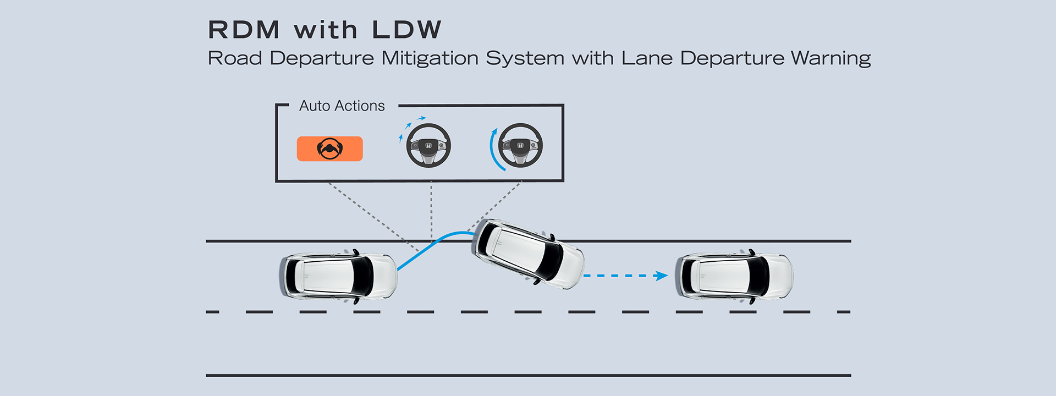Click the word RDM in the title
tap(244, 30)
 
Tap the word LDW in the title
tap(406, 30)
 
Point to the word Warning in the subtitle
tap(831, 58)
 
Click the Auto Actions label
tap(342, 106)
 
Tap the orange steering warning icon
tap(329, 148)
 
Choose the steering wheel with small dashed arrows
tap(428, 146)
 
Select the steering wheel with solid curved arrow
tap(520, 146)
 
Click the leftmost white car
tap(338, 276)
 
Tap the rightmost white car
tap(734, 276)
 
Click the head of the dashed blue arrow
tap(662, 276)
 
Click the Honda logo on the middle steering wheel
tap(428, 146)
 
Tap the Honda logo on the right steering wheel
tap(520, 146)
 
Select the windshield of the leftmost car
tap(362, 276)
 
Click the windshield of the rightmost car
tap(758, 276)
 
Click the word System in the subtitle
tap(525, 58)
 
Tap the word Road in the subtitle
tap(235, 58)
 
